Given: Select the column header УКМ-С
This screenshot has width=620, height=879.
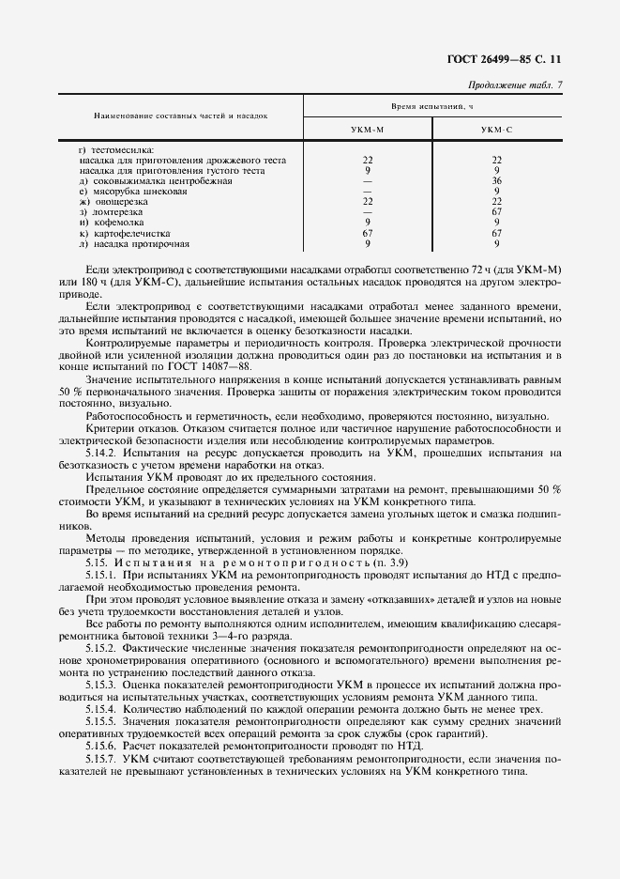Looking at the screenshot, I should coord(496,131).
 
